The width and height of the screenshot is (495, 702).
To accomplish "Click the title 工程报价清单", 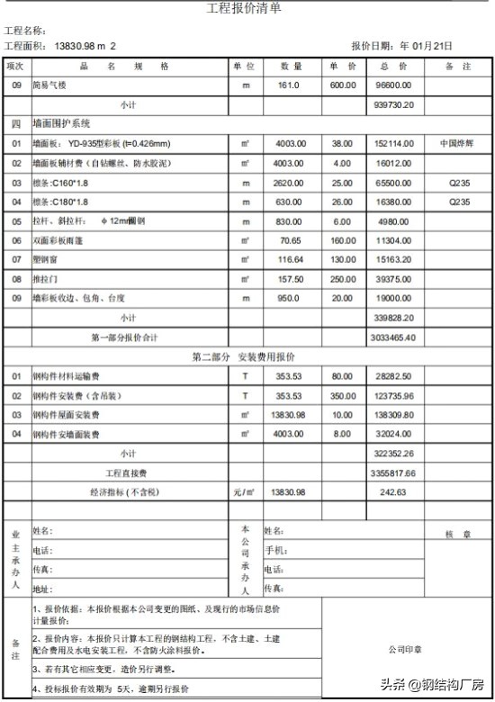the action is pos(243,9).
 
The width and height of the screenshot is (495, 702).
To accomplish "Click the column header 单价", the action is pos(341,67).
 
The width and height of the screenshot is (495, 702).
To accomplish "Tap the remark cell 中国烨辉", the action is pos(458,143).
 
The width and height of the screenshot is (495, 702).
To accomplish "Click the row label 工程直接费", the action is pos(127,472).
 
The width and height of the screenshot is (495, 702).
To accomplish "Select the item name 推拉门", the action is pos(46,278).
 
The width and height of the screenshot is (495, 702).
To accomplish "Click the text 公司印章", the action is pos(405,648).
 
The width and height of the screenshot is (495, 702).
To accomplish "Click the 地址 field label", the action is pos(42,589).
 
